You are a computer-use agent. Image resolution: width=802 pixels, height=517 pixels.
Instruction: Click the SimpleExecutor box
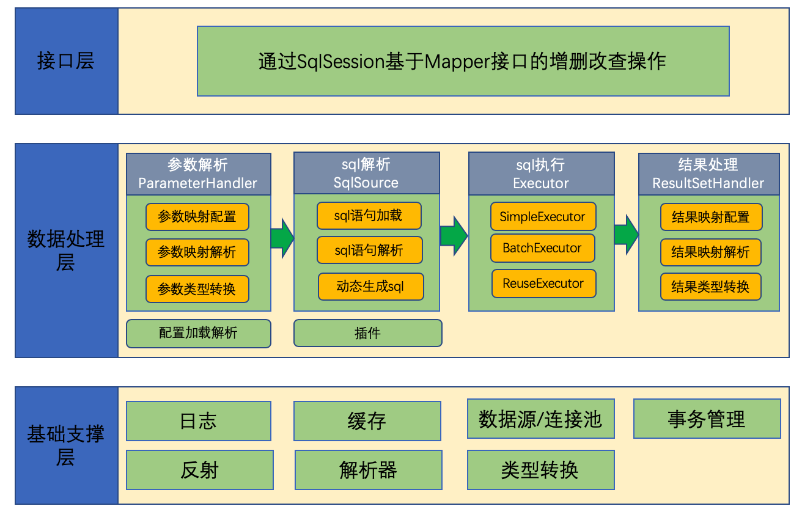point(543,216)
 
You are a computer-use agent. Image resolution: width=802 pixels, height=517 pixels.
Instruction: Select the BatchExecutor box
point(542,248)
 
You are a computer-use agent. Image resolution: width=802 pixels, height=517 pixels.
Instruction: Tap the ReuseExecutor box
point(544,283)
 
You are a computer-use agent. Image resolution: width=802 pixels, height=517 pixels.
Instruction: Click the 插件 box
point(368,333)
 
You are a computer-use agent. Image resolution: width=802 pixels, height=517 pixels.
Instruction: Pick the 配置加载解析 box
point(198,333)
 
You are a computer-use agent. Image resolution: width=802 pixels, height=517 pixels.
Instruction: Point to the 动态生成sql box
point(370,287)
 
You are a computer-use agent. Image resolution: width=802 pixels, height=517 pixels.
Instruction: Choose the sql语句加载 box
point(369,216)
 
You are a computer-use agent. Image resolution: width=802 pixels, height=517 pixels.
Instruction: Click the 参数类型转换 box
point(197,289)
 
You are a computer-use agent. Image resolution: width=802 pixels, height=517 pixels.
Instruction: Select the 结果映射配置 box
point(711,217)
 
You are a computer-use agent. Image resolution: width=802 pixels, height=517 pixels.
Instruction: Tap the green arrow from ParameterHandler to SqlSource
point(282,238)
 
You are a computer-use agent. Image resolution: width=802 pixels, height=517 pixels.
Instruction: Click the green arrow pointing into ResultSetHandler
point(626,235)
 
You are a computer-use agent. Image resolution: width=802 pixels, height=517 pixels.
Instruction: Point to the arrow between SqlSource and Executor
point(454,236)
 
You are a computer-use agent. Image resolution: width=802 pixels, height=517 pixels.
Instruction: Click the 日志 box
point(198,421)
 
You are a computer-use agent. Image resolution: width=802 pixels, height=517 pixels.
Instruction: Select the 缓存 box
point(367,421)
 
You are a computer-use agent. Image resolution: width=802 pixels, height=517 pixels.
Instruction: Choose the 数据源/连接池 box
point(540,419)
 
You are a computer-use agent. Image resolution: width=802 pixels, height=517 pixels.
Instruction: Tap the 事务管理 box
point(707,419)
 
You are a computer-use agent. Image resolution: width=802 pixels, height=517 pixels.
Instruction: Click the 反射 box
point(200,470)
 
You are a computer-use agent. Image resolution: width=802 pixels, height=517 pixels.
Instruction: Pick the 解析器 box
point(369,470)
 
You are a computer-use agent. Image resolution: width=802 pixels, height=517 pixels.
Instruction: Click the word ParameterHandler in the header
point(197,183)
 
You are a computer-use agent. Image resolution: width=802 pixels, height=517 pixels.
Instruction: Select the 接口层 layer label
point(66,61)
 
